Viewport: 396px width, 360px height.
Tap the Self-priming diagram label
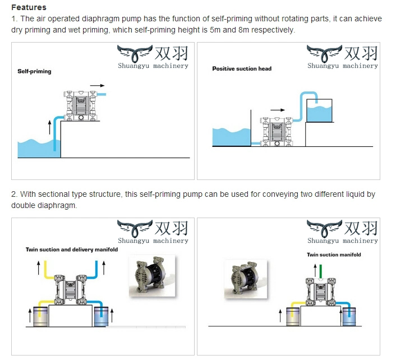click(x=34, y=72)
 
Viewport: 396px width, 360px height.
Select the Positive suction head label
click(x=241, y=68)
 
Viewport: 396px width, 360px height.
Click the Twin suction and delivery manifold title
click(x=72, y=250)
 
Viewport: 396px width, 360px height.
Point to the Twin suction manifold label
click(x=334, y=255)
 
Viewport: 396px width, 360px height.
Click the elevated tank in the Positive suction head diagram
click(x=318, y=110)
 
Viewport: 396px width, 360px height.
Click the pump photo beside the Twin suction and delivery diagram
click(x=151, y=276)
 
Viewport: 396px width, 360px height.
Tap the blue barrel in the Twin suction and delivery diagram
click(x=101, y=317)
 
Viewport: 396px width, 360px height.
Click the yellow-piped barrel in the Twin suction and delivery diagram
click(x=39, y=317)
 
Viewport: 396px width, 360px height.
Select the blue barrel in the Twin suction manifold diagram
click(x=349, y=317)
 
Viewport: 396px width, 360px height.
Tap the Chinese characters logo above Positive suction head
click(x=359, y=53)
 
